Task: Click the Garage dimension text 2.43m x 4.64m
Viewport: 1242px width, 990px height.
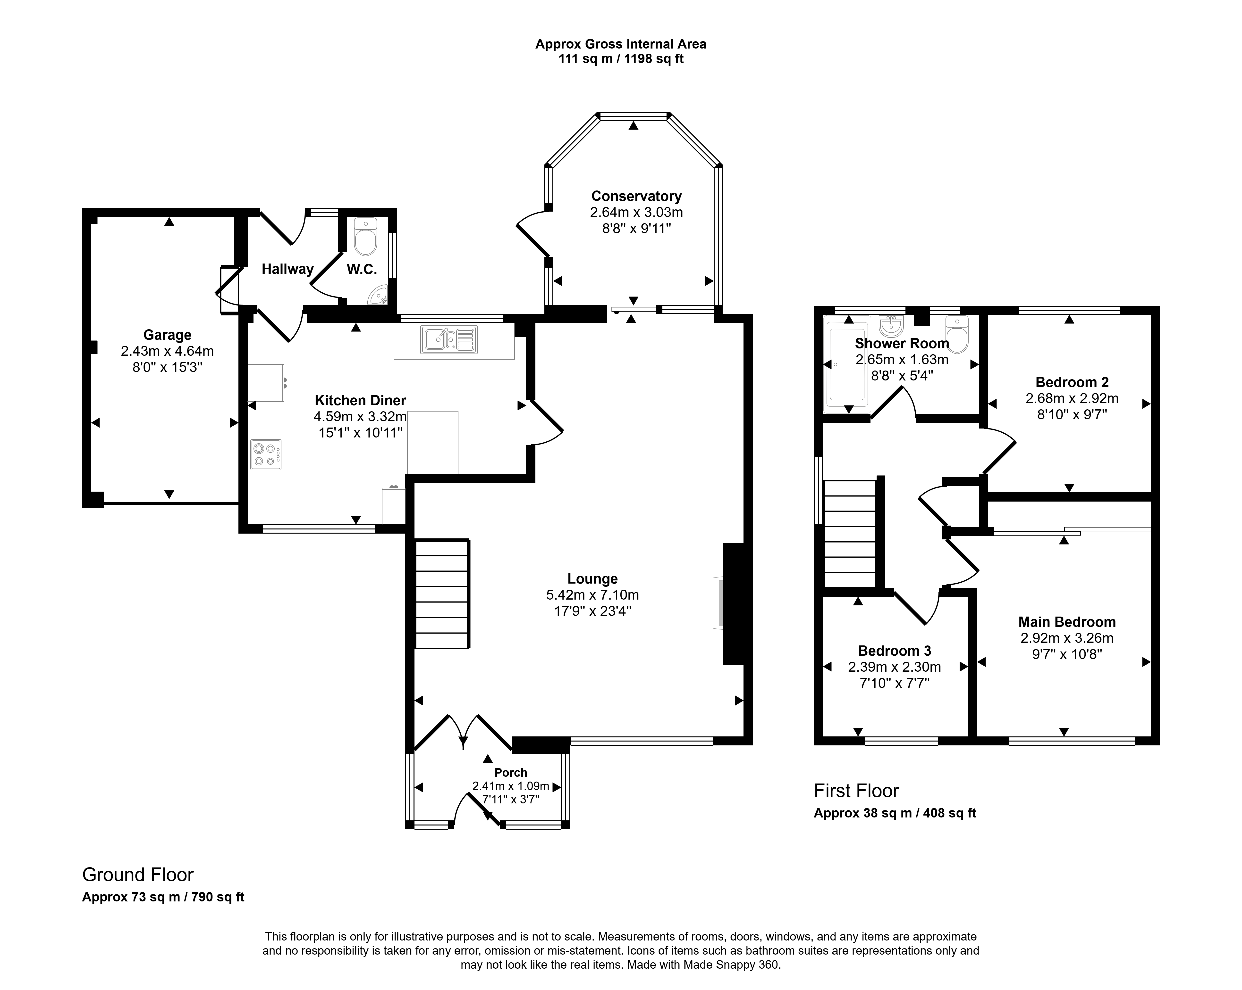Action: coord(167,351)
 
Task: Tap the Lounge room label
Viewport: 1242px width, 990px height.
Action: coord(593,579)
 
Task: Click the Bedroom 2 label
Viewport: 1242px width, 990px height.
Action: coord(1072,382)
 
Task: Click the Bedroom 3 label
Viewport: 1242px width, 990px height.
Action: coord(895,651)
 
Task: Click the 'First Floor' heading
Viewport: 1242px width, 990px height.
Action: coord(856,791)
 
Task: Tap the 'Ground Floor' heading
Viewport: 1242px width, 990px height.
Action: coord(138,875)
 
